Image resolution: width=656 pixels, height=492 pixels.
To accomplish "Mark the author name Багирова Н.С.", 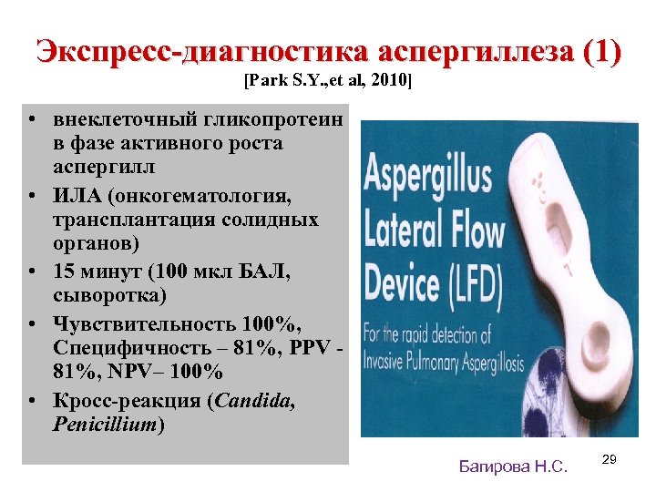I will [513, 466].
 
